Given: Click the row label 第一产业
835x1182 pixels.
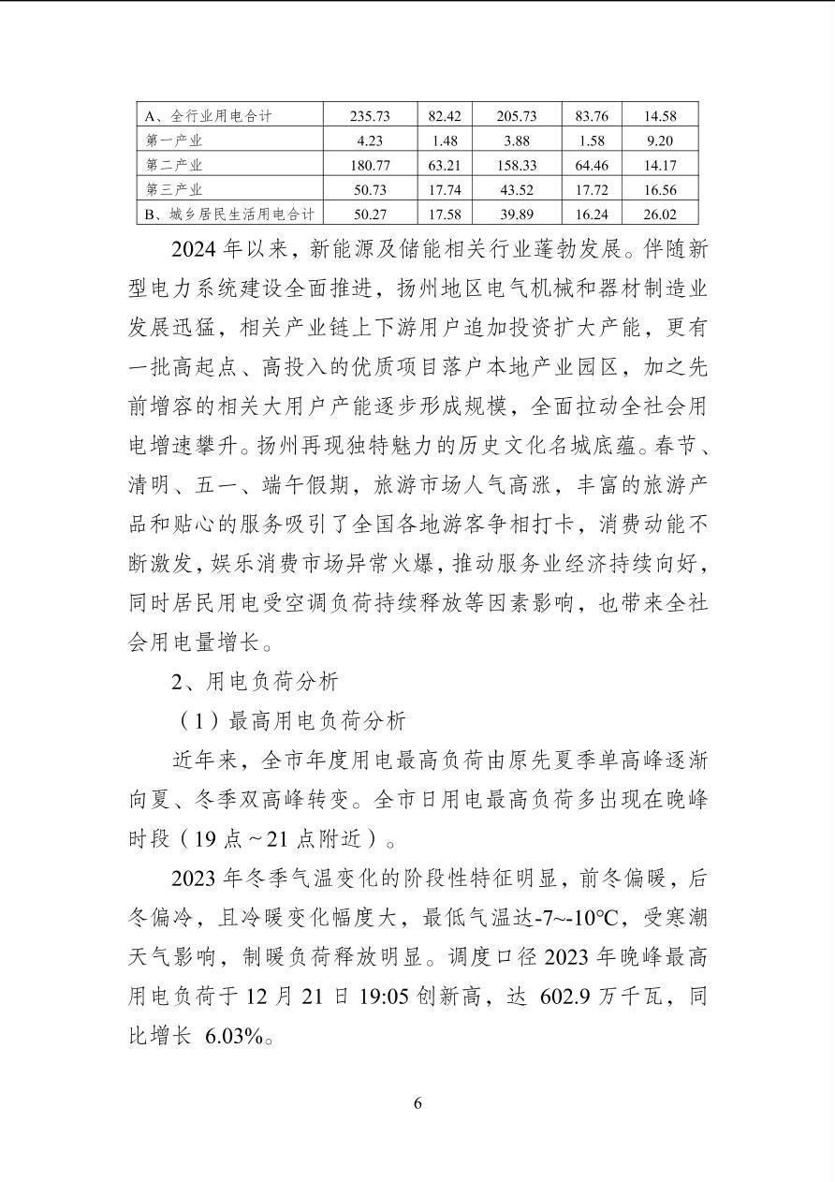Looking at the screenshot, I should click(x=174, y=141).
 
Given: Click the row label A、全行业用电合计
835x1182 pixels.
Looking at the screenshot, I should click(x=208, y=116).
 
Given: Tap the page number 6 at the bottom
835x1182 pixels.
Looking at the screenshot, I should click(x=417, y=1102).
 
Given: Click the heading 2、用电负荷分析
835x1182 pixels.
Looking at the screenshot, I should click(x=255, y=681).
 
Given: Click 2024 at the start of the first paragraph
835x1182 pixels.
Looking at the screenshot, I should click(x=197, y=251).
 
